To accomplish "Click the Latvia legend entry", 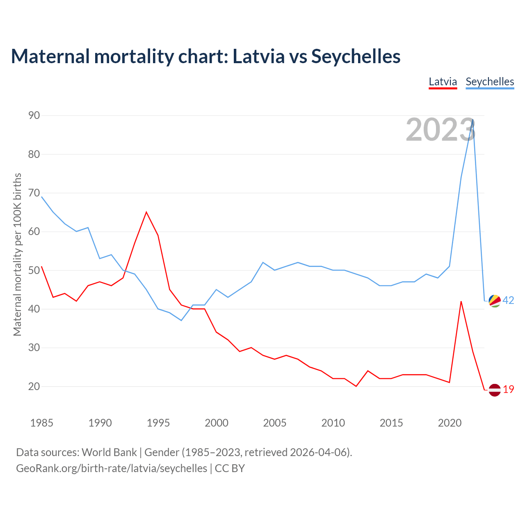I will click(x=443, y=82).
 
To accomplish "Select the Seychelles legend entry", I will click(x=490, y=82).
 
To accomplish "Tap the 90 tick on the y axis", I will click(x=34, y=116).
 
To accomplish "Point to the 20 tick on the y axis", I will click(x=34, y=386).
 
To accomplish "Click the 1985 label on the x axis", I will click(x=41, y=423).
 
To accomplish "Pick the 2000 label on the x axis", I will click(x=217, y=423).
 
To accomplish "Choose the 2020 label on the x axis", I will click(x=450, y=423).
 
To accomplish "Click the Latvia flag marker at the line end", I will click(x=495, y=390).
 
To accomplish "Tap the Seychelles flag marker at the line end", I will click(x=495, y=301).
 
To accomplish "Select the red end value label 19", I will click(x=509, y=390).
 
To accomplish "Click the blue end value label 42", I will click(x=508, y=301).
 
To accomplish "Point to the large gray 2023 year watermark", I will click(x=441, y=130).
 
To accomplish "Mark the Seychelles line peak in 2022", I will click(x=473, y=120).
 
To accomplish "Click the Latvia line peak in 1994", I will click(x=146, y=212).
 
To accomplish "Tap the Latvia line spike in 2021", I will click(x=461, y=301).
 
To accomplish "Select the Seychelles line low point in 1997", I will click(x=181, y=320).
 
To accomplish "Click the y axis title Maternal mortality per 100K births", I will click(x=17, y=254).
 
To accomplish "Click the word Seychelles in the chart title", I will click(x=356, y=56).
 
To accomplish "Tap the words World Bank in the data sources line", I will click(x=109, y=452).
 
